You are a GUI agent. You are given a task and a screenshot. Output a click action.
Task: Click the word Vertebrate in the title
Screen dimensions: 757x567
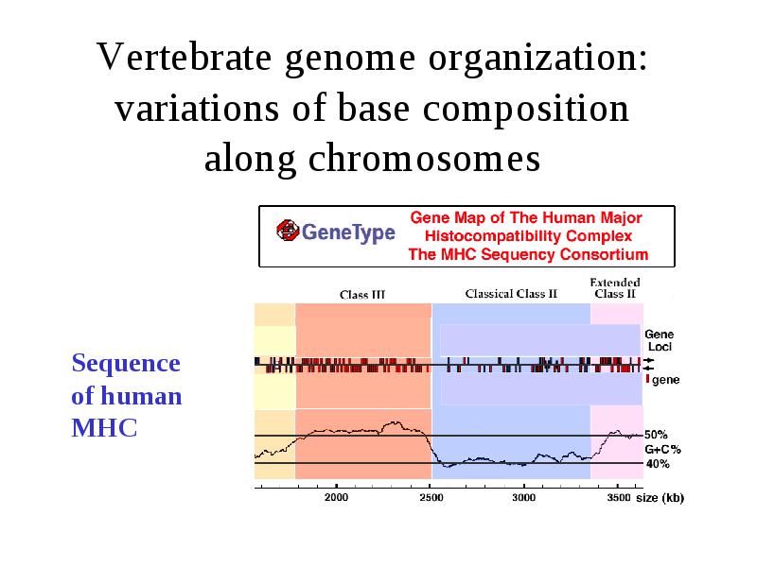[184, 57]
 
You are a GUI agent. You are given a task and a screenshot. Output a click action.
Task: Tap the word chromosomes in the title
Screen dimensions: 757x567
[424, 158]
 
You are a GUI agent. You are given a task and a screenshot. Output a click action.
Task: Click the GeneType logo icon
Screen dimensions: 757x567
[289, 231]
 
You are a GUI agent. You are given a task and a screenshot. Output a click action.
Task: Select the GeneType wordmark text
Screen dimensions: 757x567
[348, 232]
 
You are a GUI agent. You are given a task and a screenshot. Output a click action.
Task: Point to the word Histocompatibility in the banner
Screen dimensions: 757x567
[528, 235]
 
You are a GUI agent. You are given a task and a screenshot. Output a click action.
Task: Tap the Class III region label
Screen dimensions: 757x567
[362, 295]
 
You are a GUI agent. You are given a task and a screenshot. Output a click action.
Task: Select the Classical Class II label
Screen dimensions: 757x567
[511, 294]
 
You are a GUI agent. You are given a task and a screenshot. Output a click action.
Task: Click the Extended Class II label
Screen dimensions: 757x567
[615, 288]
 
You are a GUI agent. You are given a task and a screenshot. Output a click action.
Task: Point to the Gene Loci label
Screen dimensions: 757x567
[659, 340]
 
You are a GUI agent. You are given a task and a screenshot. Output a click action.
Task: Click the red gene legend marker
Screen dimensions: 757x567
[647, 380]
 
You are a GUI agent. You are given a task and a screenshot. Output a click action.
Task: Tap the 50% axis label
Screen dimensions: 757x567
[656, 435]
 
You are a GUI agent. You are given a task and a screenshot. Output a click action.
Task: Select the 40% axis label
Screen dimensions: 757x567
[658, 464]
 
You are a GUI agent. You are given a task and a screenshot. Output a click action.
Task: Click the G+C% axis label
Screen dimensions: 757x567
[663, 450]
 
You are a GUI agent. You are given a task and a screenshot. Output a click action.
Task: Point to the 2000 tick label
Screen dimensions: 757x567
[336, 497]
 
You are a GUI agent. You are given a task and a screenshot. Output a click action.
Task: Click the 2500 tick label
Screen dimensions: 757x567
[431, 497]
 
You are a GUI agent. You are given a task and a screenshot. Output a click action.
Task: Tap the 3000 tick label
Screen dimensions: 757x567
[524, 497]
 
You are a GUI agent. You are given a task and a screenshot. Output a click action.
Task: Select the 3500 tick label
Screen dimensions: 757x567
[619, 497]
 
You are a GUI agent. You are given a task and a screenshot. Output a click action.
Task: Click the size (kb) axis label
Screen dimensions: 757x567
[660, 498]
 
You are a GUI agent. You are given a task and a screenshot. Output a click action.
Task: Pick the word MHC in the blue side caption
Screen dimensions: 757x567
[104, 428]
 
